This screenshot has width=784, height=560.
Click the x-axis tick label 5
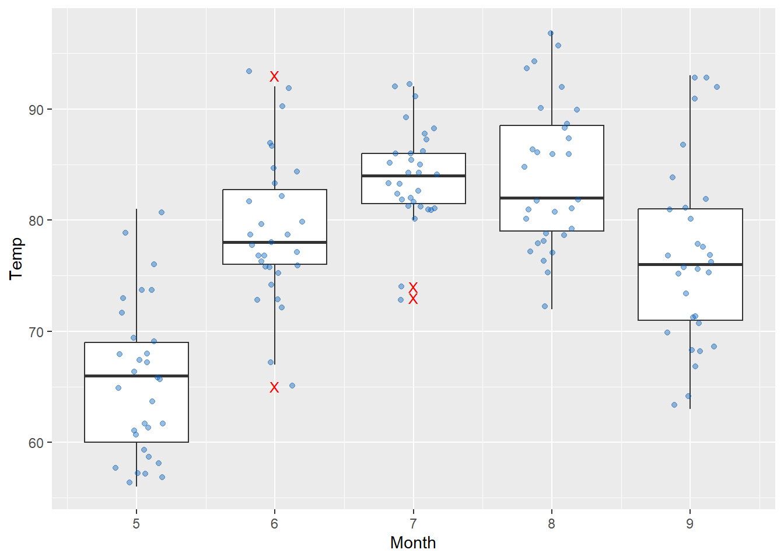(x=136, y=524)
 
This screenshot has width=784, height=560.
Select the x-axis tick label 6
(x=274, y=524)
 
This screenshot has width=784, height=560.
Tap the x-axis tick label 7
(x=413, y=524)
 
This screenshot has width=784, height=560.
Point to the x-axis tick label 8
(x=551, y=524)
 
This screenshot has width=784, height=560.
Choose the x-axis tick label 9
(x=689, y=524)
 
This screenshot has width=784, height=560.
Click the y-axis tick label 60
(x=37, y=443)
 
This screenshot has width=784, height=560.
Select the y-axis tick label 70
(x=37, y=332)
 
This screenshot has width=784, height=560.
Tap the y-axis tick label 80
(x=37, y=220)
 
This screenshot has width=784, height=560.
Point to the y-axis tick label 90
(x=37, y=110)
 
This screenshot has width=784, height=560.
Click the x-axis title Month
(x=413, y=543)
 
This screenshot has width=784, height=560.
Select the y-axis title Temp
(x=16, y=258)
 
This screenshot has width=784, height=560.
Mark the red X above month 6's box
(x=274, y=76)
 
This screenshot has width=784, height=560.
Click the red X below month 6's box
(x=274, y=387)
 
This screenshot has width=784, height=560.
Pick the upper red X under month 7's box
(x=413, y=288)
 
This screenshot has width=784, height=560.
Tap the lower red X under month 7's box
(x=413, y=299)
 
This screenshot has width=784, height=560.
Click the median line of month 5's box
(x=136, y=376)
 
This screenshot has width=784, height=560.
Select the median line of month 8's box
(x=551, y=198)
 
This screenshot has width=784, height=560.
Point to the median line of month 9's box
(x=690, y=265)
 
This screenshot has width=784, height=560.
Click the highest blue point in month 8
(x=551, y=33)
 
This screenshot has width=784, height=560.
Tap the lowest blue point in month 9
(x=674, y=405)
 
